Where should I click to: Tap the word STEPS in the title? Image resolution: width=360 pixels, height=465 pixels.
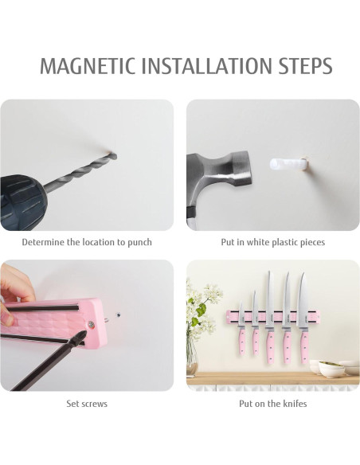tap(303, 66)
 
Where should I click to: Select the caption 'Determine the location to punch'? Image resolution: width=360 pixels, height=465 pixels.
tap(87, 242)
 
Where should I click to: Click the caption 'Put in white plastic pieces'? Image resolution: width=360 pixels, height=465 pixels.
tap(272, 242)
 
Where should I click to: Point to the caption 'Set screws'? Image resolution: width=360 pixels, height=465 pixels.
tap(87, 404)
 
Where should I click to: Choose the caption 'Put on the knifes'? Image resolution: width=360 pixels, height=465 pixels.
tap(272, 404)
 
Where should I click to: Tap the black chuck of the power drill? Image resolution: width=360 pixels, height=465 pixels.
tap(32, 200)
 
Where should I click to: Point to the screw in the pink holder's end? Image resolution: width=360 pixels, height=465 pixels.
tap(91, 322)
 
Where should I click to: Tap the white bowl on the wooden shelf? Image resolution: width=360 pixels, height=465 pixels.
tap(331, 369)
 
